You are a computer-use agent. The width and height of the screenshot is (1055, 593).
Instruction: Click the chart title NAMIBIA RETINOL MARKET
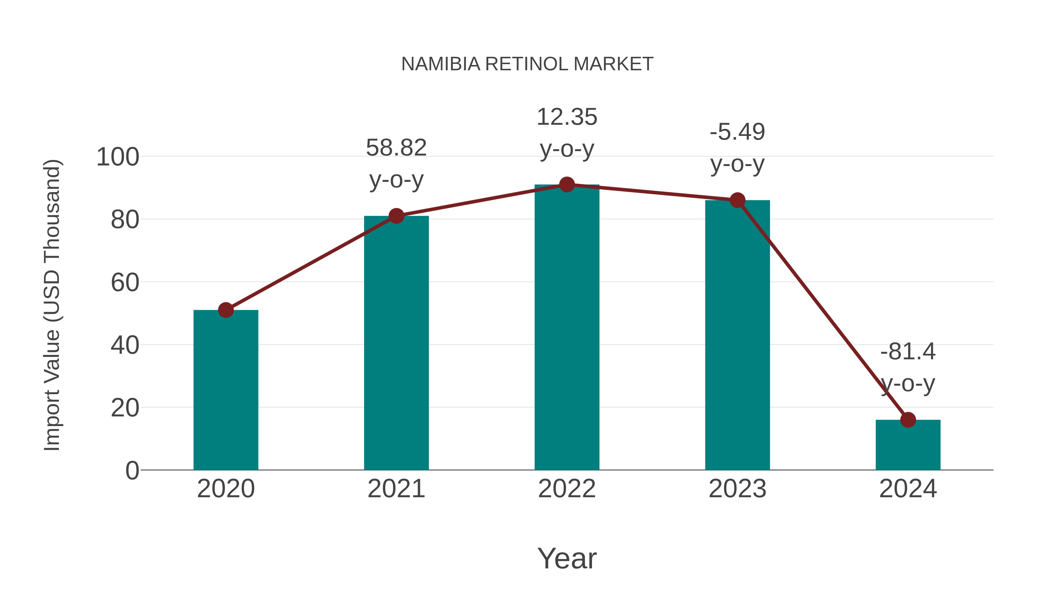(527, 64)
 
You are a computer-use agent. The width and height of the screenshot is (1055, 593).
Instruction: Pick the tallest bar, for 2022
(566, 327)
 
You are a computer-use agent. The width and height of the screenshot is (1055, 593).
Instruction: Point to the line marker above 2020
(226, 310)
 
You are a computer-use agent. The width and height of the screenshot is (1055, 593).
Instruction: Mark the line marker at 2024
(908, 420)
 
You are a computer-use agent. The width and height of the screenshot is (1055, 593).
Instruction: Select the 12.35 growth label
(566, 133)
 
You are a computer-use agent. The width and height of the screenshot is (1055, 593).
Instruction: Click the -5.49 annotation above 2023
(737, 148)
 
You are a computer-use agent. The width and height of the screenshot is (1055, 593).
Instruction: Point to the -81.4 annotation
(908, 367)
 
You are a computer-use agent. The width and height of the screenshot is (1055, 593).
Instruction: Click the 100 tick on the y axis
(118, 157)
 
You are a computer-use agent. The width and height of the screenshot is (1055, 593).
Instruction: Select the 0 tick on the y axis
(132, 471)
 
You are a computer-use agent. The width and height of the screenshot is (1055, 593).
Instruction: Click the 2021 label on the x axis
(396, 489)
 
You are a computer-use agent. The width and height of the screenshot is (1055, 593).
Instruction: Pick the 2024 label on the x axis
(908, 489)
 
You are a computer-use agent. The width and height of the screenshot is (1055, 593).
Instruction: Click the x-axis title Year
(566, 558)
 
